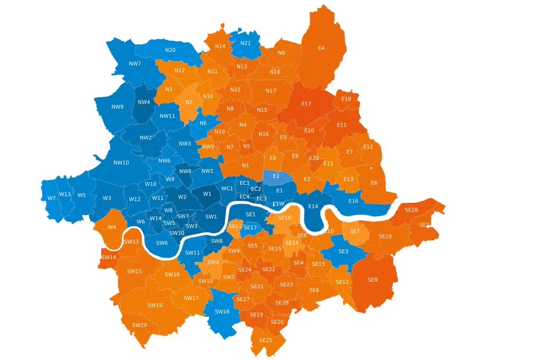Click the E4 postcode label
pyautogui.click(x=321, y=48)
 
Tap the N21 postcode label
pyautogui.click(x=245, y=43)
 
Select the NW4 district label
pyautogui.click(x=143, y=102)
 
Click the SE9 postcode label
pyautogui.click(x=372, y=279)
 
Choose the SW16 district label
pyautogui.click(x=222, y=311)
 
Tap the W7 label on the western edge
pyautogui.click(x=51, y=198)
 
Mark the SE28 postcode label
pyautogui.click(x=411, y=210)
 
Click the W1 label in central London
pyautogui.click(x=207, y=194)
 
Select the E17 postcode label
pyautogui.click(x=306, y=104)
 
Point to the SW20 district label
pyautogui.click(x=139, y=325)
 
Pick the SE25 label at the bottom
pyautogui.click(x=265, y=340)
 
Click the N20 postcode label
pyautogui.click(x=170, y=50)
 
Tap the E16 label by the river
pyautogui.click(x=353, y=201)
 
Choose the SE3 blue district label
pyautogui.click(x=343, y=251)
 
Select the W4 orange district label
pyautogui.click(x=111, y=227)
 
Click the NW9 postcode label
pyautogui.click(x=117, y=107)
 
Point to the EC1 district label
pyautogui.click(x=244, y=183)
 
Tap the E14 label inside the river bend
pyautogui.click(x=313, y=206)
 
